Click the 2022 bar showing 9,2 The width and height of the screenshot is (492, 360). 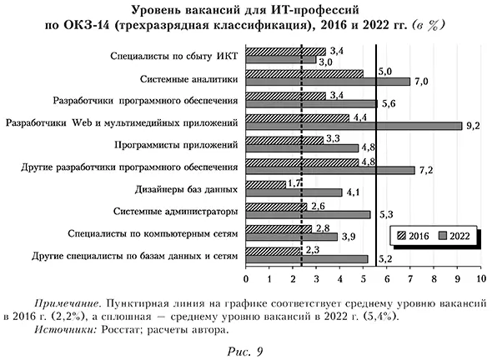click(354, 126)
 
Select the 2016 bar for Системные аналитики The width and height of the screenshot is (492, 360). click(304, 74)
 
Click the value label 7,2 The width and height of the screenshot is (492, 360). click(426, 170)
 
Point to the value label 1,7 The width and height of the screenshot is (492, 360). click(294, 182)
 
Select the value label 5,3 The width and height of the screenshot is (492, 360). click(385, 215)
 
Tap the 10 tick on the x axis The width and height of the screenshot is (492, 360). click(480, 276)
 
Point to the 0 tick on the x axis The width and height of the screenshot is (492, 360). click(246, 276)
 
